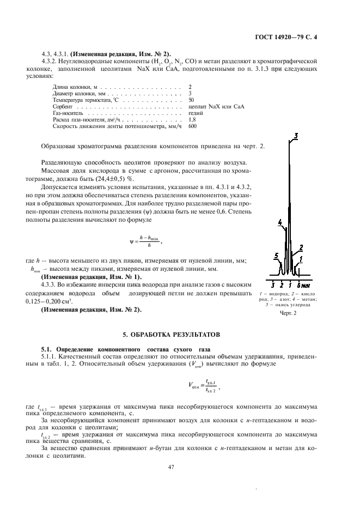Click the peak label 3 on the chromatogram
click(x=296, y=136)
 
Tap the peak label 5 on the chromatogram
click(x=276, y=255)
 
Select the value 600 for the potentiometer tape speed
click(x=192, y=126)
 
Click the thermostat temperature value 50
click(x=191, y=100)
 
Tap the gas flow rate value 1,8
click(x=191, y=119)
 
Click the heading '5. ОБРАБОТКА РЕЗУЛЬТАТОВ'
click(x=179, y=333)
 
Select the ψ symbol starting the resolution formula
click(x=131, y=241)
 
